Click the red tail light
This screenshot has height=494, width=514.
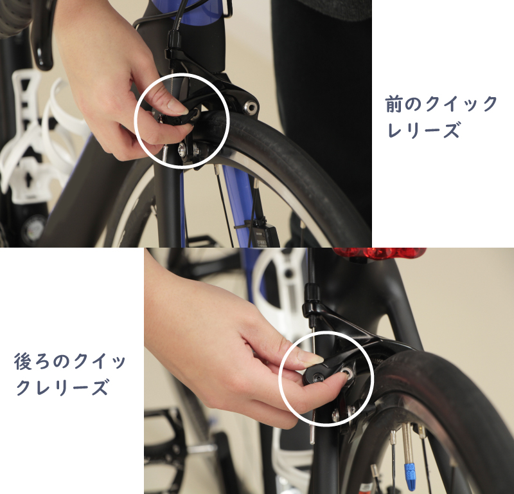click(380, 253)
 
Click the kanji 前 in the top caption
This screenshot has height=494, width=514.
click(394, 104)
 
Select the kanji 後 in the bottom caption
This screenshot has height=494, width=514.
click(22, 361)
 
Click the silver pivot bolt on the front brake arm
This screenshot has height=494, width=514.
click(251, 107)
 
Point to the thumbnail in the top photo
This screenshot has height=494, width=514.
click(176, 105)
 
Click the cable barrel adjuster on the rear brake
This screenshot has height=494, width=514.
click(312, 293)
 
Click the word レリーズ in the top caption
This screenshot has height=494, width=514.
click(423, 131)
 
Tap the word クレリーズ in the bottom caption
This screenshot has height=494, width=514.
click(62, 387)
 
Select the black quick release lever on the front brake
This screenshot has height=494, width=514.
click(178, 118)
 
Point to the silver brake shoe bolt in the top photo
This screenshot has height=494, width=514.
click(181, 150)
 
